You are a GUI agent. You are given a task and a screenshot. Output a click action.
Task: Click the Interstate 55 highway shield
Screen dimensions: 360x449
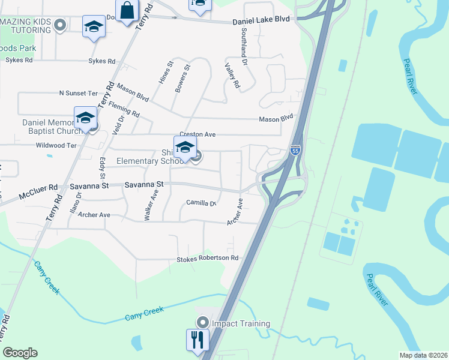click(x=295, y=150)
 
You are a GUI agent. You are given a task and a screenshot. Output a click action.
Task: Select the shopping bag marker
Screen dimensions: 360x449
click(x=127, y=11)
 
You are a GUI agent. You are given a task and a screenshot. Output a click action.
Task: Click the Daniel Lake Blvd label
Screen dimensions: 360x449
click(x=261, y=20)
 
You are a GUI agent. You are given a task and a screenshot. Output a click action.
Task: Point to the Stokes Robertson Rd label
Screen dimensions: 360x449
click(x=207, y=259)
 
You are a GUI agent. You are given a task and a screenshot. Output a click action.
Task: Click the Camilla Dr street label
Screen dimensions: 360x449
click(x=200, y=203)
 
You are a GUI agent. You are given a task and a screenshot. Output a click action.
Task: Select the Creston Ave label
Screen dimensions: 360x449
click(x=197, y=134)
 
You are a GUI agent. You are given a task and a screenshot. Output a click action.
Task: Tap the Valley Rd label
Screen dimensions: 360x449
click(x=232, y=76)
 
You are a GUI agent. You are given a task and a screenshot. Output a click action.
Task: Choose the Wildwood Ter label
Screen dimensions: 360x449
click(x=56, y=145)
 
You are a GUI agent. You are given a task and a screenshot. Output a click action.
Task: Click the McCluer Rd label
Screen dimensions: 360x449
click(x=38, y=191)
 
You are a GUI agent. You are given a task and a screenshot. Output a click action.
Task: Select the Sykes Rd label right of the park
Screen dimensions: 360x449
click(x=101, y=61)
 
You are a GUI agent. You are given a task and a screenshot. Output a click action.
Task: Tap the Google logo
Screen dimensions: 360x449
click(x=20, y=353)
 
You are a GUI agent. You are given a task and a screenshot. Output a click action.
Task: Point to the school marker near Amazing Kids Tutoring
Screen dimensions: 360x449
click(x=93, y=28)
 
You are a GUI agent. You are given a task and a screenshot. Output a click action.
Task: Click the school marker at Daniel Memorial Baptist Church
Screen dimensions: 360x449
click(x=85, y=118)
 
